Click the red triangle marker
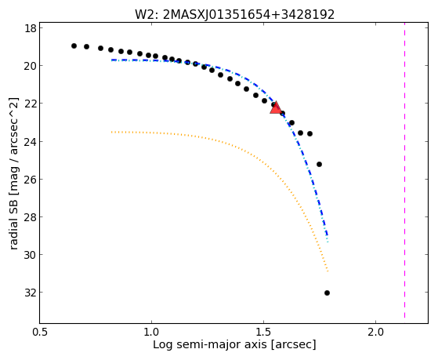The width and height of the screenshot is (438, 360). coord(276,108)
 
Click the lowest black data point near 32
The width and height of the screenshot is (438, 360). coord(327,293)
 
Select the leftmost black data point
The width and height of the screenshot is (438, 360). coord(74,45)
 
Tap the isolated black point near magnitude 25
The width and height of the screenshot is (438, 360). coord(319,164)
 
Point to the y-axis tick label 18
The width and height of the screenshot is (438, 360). coord(31,28)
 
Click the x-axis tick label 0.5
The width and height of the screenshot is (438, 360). coord(40,332)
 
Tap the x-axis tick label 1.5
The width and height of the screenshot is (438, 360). coord(263,332)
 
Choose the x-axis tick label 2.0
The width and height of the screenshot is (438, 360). coord(375,332)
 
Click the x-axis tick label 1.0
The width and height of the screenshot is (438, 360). coord(151,332)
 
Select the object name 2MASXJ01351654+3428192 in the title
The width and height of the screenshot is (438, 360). coord(248,14)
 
